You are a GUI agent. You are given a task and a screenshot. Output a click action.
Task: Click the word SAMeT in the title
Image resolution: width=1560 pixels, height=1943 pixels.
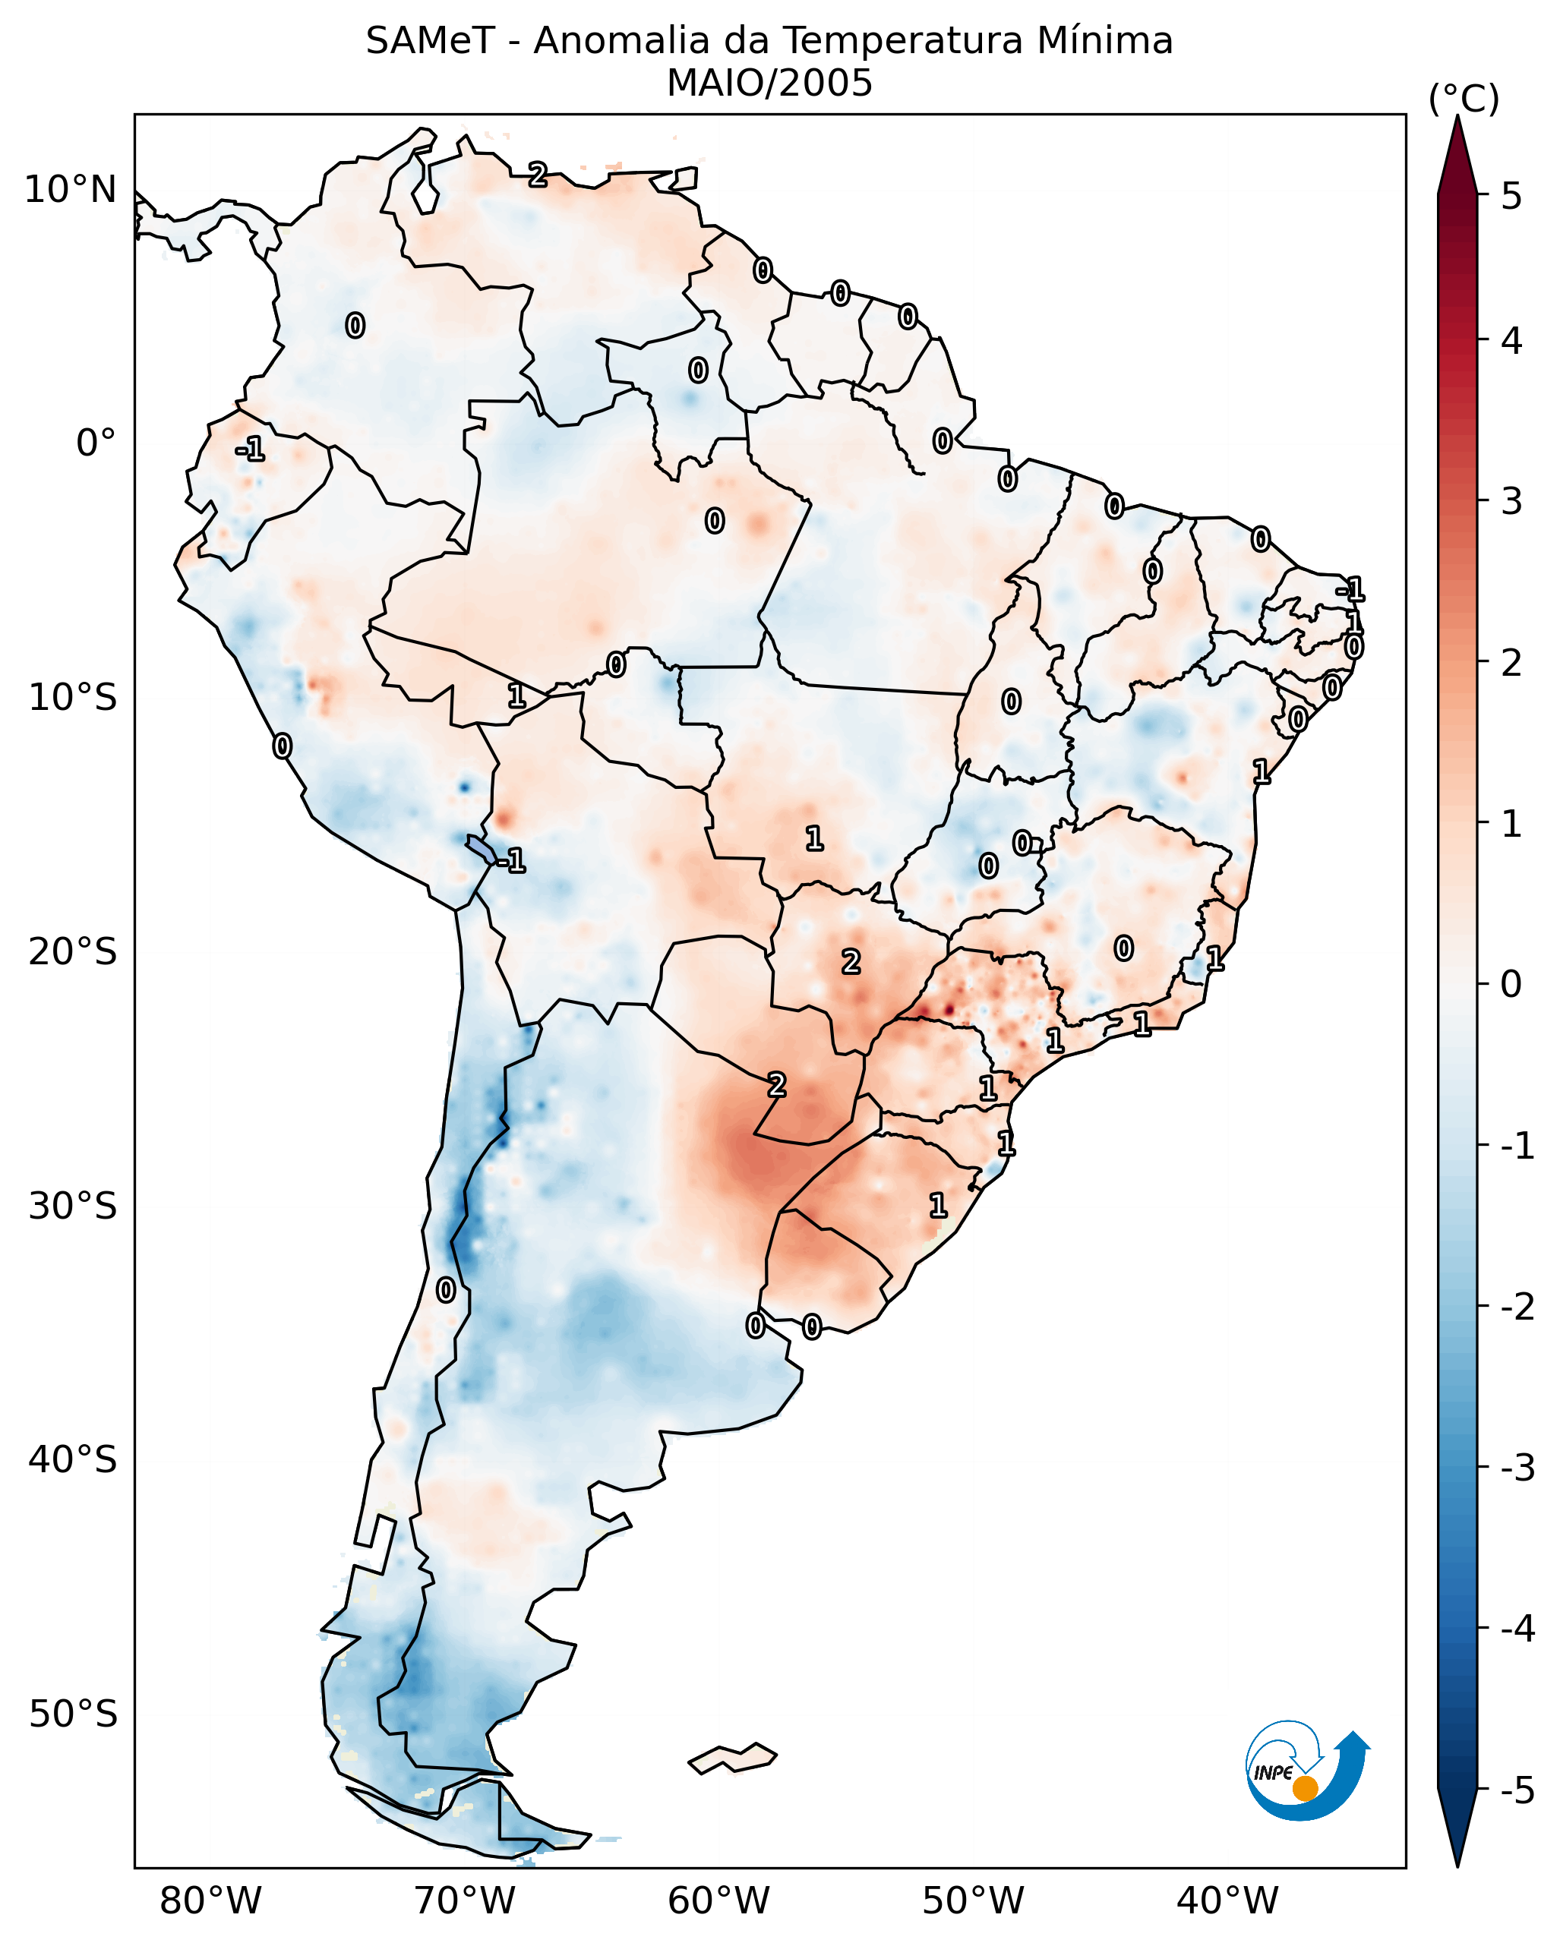429,42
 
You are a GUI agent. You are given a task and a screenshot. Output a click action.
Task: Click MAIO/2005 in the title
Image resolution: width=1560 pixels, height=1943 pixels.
769,84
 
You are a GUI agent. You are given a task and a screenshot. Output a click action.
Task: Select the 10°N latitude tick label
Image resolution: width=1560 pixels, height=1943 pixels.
71,190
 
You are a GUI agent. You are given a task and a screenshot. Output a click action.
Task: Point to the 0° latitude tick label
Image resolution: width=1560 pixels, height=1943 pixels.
96,443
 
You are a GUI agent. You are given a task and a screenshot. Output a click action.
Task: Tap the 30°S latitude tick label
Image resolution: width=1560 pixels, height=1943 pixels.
72,1206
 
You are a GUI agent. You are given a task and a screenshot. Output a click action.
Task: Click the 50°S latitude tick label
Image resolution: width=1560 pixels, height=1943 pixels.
72,1714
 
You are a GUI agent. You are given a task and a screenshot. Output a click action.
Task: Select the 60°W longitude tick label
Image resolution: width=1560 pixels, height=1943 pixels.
718,1900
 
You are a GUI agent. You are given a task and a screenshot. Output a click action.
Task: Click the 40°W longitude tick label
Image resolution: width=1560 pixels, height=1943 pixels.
1227,1900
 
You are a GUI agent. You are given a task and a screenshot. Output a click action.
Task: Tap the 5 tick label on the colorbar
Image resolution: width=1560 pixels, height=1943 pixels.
1511,197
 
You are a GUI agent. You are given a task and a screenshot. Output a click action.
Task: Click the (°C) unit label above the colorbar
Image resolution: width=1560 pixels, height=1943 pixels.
1464,99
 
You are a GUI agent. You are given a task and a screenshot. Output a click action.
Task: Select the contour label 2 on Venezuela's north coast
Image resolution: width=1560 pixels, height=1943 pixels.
537,175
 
